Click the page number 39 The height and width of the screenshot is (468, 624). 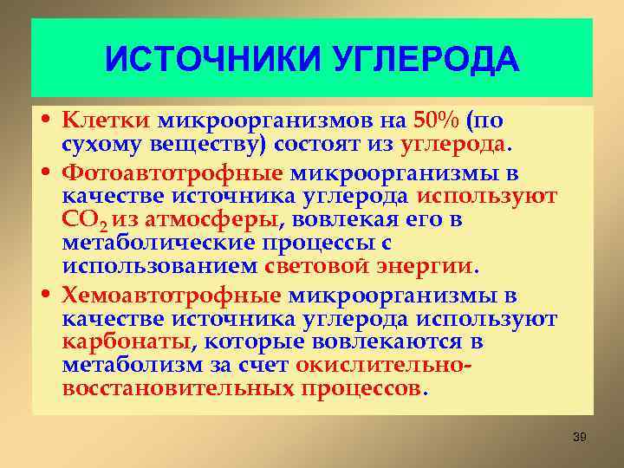tap(580, 437)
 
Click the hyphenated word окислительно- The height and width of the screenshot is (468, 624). tap(384, 364)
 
